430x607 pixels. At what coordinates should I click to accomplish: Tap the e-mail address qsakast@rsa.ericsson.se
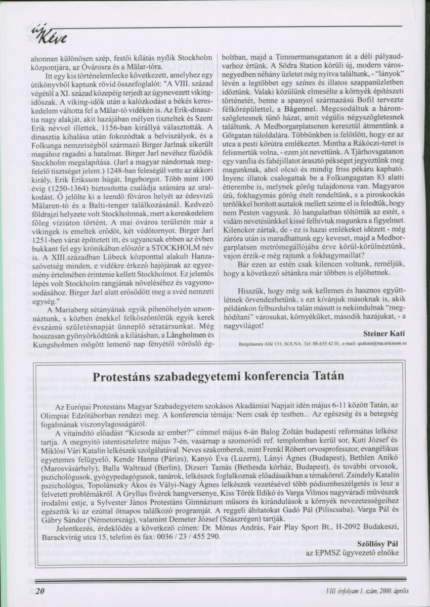tap(375, 343)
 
